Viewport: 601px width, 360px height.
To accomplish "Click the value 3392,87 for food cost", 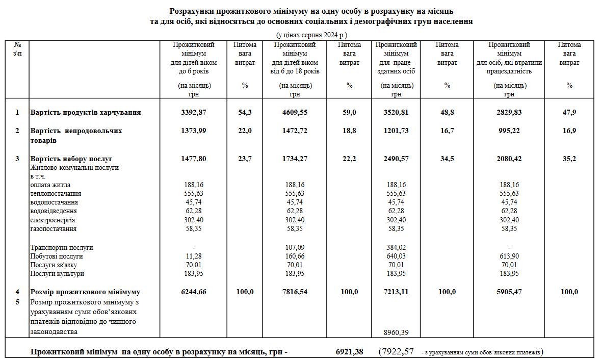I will point(194,112).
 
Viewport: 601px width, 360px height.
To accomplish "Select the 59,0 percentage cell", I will point(349,112).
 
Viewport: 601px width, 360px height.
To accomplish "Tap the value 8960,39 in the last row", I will point(396,332).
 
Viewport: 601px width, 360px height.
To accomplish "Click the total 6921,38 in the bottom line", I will point(350,351).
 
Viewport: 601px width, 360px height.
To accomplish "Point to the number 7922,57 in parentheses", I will point(397,351).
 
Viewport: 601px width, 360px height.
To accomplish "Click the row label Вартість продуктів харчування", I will point(86,112).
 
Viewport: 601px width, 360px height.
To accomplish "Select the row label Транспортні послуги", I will point(62,247).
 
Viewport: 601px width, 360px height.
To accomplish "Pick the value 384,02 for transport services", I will point(396,247).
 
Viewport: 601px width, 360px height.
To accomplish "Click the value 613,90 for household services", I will point(509,256).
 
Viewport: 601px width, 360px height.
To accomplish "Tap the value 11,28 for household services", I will point(194,256).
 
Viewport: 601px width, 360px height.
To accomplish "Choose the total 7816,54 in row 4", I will point(295,292).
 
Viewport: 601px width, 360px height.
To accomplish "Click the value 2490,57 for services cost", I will point(396,159).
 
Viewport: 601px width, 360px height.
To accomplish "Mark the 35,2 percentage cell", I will point(569,159).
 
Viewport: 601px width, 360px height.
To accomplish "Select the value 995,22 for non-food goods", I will point(509,131).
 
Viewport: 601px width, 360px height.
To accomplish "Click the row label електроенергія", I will point(53,220).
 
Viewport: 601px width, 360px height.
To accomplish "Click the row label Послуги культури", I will point(57,274).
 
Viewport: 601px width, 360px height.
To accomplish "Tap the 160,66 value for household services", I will point(295,256).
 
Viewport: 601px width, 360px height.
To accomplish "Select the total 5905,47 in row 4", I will point(509,292).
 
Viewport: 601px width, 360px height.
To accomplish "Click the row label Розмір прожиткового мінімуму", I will point(85,292).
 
